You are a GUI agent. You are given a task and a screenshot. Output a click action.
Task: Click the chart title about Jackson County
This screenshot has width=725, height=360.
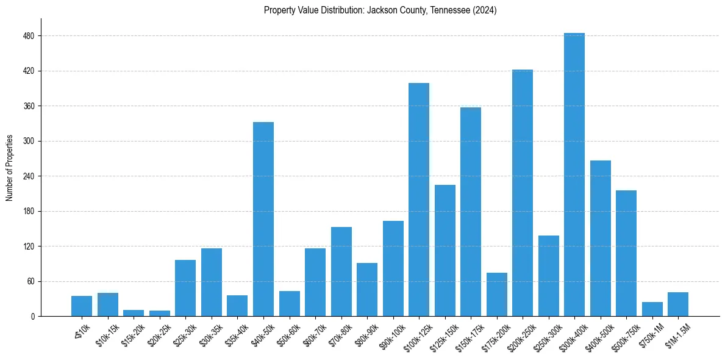(x=380, y=10)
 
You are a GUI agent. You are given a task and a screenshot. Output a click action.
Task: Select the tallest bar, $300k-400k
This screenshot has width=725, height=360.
(x=574, y=175)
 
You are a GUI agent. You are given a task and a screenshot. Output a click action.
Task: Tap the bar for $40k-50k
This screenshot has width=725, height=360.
(x=263, y=219)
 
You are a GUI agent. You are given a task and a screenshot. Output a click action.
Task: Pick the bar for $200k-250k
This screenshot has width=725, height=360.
(x=522, y=193)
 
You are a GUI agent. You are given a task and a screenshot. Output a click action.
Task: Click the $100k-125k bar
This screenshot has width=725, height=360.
(x=418, y=200)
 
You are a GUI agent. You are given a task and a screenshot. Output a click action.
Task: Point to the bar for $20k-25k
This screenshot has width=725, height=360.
(x=160, y=313)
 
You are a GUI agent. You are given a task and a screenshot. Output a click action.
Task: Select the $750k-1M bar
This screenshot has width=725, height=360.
(x=652, y=309)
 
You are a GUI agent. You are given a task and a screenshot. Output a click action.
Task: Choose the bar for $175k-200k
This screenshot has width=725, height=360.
(x=496, y=294)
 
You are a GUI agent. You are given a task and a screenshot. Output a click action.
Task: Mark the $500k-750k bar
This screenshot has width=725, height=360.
(x=626, y=253)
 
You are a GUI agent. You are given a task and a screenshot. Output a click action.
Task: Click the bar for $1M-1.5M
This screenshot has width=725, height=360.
(x=677, y=304)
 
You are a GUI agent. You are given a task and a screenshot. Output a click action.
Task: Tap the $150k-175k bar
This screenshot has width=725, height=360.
(x=470, y=212)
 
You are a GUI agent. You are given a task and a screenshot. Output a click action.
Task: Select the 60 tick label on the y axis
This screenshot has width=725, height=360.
(x=32, y=281)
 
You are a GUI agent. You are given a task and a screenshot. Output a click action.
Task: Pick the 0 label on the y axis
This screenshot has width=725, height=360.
(x=34, y=317)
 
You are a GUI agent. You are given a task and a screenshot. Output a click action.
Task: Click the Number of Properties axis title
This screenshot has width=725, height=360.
(x=10, y=168)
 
